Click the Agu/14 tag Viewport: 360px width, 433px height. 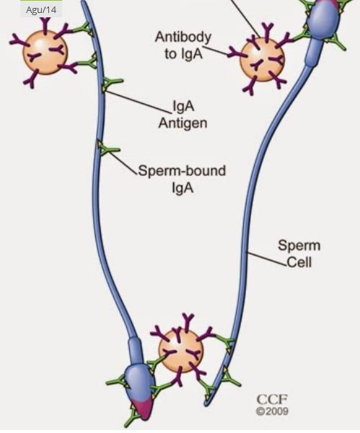point(41,10)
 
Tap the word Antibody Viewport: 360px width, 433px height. point(183,38)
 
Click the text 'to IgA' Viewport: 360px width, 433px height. point(183,54)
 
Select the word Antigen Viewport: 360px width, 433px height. point(183,123)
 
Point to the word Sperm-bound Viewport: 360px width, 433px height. point(182,171)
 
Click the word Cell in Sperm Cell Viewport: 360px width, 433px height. point(299,262)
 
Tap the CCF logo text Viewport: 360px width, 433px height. point(272,400)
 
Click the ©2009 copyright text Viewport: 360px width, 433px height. point(272,411)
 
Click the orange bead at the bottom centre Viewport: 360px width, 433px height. point(181,351)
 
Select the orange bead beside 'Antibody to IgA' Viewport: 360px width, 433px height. point(262,60)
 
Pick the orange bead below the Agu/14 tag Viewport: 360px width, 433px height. point(45,53)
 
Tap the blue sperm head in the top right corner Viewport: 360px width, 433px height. point(323,19)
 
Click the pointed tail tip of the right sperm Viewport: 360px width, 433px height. point(206,404)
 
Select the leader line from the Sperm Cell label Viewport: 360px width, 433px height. point(266,259)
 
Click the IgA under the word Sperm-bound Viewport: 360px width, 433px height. point(182,188)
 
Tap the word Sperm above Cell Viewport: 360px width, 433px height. point(299,245)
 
